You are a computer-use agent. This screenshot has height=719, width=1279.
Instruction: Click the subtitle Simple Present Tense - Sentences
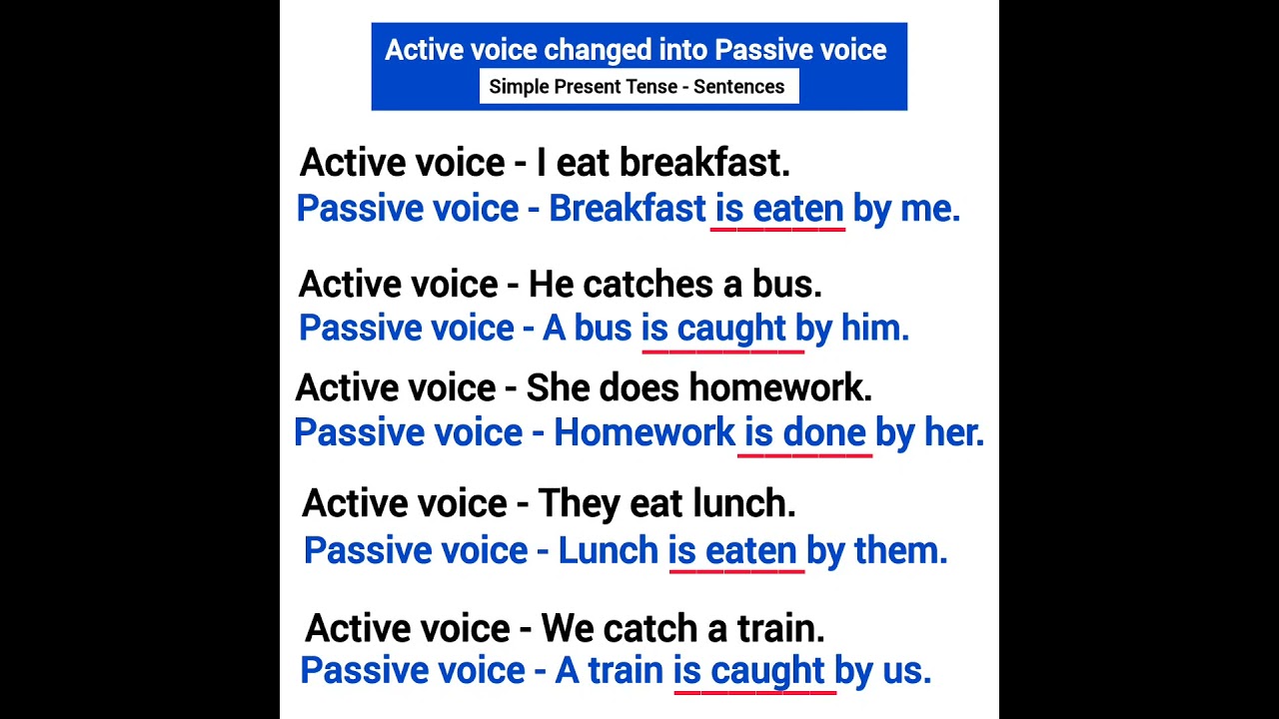(637, 87)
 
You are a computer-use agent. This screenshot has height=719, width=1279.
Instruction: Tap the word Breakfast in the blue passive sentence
(627, 209)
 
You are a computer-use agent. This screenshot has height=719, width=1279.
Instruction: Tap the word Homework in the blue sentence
(643, 432)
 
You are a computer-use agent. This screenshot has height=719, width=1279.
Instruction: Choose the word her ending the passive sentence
(953, 432)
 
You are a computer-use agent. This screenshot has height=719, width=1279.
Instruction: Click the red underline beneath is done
(804, 455)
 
